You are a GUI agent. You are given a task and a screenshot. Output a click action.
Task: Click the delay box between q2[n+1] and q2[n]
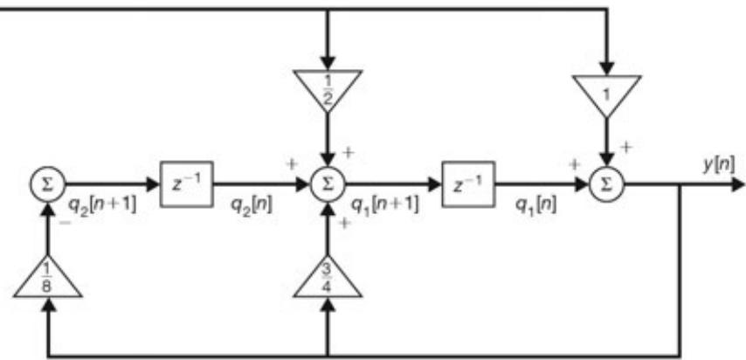pyautogui.click(x=187, y=184)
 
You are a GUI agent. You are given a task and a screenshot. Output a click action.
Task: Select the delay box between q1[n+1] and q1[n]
pyautogui.click(x=468, y=184)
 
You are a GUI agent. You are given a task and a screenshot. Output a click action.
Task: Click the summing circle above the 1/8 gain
pyautogui.click(x=47, y=184)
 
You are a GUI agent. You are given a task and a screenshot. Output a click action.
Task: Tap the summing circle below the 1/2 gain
pyautogui.click(x=328, y=184)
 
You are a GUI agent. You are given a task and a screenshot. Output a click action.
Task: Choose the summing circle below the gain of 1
pyautogui.click(x=606, y=184)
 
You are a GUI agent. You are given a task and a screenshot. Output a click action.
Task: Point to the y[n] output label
pyautogui.click(x=718, y=165)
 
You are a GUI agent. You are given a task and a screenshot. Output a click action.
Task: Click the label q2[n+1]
pyautogui.click(x=103, y=207)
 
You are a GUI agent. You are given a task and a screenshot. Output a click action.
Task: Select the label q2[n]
pyautogui.click(x=252, y=205)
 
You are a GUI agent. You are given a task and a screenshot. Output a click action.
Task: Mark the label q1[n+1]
pyautogui.click(x=384, y=205)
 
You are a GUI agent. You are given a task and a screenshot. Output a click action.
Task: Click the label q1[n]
pyautogui.click(x=535, y=205)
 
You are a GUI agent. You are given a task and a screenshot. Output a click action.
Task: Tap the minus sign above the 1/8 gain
pyautogui.click(x=66, y=223)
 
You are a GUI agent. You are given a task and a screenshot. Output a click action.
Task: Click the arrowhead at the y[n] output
pyautogui.click(x=737, y=184)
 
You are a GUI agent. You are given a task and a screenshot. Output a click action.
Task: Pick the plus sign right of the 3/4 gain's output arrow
pyautogui.click(x=343, y=224)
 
